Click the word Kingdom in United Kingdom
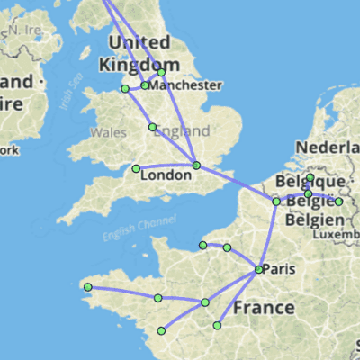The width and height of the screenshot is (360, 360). click(139, 64)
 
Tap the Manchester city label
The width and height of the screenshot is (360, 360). click(186, 85)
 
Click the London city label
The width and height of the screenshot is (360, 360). click(166, 175)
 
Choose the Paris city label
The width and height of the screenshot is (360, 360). click(281, 269)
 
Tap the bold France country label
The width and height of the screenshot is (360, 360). click(263, 308)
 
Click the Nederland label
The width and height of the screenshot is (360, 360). click(328, 147)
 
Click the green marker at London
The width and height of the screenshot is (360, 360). click(197, 166)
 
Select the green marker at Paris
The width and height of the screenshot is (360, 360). click(258, 269)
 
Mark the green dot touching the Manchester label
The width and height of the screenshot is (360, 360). click(145, 85)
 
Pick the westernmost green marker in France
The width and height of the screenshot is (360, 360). click(87, 288)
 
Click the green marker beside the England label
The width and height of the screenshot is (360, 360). click(152, 127)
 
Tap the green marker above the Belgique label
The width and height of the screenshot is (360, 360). click(310, 177)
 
